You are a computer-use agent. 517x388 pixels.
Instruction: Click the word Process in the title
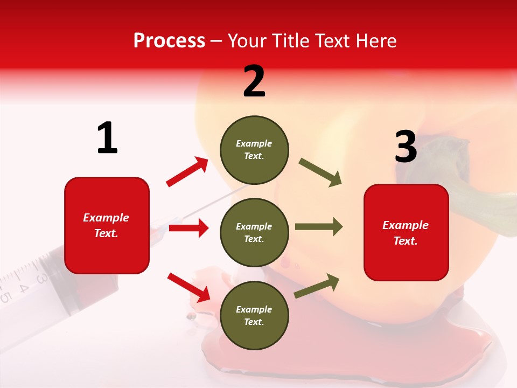tap(169, 41)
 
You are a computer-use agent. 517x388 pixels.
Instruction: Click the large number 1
tap(107, 138)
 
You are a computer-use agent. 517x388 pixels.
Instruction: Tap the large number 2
tap(254, 81)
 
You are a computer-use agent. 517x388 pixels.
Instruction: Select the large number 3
tap(406, 147)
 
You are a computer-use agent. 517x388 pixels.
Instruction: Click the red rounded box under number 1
tap(107, 225)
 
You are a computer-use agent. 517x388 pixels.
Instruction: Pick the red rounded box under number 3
tap(406, 232)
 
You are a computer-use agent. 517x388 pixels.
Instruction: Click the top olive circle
tap(254, 150)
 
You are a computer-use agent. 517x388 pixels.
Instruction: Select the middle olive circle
tap(254, 232)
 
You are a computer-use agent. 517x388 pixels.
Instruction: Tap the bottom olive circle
tap(254, 315)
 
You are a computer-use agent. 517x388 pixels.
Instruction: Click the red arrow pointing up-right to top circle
tap(187, 172)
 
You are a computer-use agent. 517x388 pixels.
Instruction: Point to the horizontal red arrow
tap(188, 228)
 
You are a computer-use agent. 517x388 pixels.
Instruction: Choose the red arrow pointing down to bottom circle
tap(188, 287)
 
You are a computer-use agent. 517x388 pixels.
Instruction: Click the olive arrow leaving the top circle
tap(320, 172)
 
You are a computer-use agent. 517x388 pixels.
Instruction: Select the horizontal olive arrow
tap(319, 227)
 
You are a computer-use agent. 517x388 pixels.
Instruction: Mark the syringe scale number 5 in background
tap(5, 297)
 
